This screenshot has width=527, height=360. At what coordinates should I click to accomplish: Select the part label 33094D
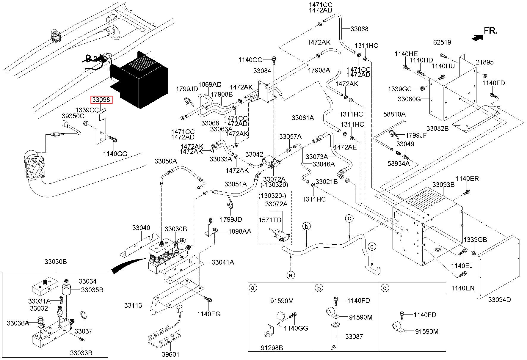499,300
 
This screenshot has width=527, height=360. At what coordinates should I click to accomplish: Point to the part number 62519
442,42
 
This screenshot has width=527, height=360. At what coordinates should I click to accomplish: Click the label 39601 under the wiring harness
170,354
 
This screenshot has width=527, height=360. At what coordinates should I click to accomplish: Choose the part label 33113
133,305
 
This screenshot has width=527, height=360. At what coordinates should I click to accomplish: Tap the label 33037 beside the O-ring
83,331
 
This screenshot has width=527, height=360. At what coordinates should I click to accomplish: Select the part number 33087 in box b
354,337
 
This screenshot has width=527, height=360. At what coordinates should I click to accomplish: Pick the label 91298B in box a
272,348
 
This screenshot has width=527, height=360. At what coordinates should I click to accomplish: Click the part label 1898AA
239,231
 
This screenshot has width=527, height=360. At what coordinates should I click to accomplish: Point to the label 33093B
443,185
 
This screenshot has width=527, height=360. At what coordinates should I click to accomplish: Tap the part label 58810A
394,114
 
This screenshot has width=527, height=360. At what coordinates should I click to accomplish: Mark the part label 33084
262,71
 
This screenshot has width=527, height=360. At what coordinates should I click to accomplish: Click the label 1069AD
210,84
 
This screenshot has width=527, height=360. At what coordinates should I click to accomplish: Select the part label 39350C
73,116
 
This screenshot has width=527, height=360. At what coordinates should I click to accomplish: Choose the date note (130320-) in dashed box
272,196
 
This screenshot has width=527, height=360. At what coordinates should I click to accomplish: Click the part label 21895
484,62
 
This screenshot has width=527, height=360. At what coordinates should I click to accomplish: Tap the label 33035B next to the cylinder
92,290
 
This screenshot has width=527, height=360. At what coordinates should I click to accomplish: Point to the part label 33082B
437,128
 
